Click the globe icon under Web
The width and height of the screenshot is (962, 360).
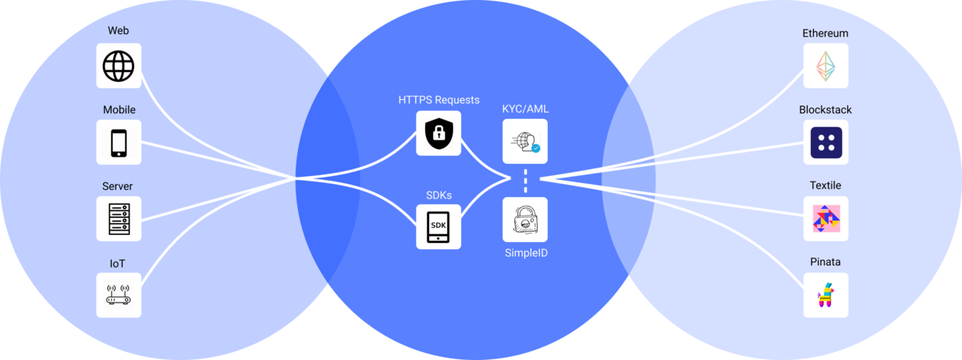click(x=119, y=66)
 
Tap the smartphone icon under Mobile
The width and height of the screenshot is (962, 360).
click(x=119, y=142)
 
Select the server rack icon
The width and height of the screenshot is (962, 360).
click(x=119, y=218)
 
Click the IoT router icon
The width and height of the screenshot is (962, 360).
click(x=119, y=295)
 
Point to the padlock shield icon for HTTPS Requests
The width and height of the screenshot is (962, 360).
click(x=438, y=133)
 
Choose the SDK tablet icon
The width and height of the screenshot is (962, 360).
click(x=438, y=226)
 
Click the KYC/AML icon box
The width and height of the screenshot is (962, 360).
click(x=524, y=141)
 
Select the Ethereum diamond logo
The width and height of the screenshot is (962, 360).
click(x=825, y=66)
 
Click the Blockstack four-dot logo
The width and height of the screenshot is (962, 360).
click(x=825, y=142)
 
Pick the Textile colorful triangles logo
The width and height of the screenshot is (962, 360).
click(x=825, y=218)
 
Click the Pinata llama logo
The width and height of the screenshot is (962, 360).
click(x=825, y=295)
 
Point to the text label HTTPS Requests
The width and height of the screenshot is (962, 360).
click(x=438, y=100)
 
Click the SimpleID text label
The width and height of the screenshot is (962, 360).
click(x=526, y=253)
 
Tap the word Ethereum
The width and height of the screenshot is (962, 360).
click(x=825, y=33)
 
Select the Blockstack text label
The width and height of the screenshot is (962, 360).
click(x=825, y=109)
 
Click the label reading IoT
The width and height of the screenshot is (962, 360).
click(x=117, y=264)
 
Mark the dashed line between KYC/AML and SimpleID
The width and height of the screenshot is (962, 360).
click(x=525, y=180)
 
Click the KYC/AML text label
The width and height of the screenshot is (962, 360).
click(x=525, y=109)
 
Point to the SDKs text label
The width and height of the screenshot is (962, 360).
click(x=438, y=194)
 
